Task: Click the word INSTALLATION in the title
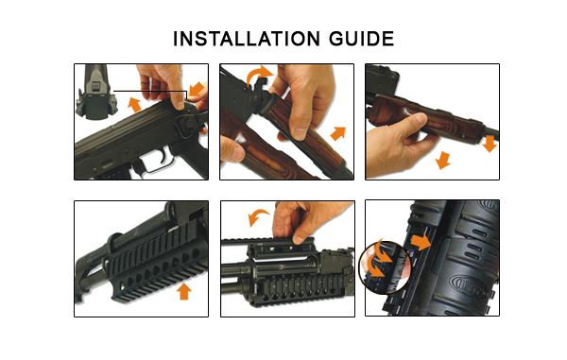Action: coord(247,39)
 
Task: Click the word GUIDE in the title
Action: coord(361,39)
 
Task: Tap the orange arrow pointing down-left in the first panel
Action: coord(197,89)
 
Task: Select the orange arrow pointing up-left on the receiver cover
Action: coord(134,104)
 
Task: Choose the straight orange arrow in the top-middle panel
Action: coord(338,133)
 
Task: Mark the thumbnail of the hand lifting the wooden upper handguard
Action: coord(286,122)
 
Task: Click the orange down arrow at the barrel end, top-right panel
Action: coord(490,144)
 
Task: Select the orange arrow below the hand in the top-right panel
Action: coord(443,160)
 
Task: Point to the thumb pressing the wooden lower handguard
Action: coord(415,121)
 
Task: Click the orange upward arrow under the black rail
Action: coord(184,291)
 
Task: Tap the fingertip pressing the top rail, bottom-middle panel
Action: coord(299,237)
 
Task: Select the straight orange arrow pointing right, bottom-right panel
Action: coord(421,242)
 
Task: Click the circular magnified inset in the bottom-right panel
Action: coord(385,266)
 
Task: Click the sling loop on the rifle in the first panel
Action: coord(186,124)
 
